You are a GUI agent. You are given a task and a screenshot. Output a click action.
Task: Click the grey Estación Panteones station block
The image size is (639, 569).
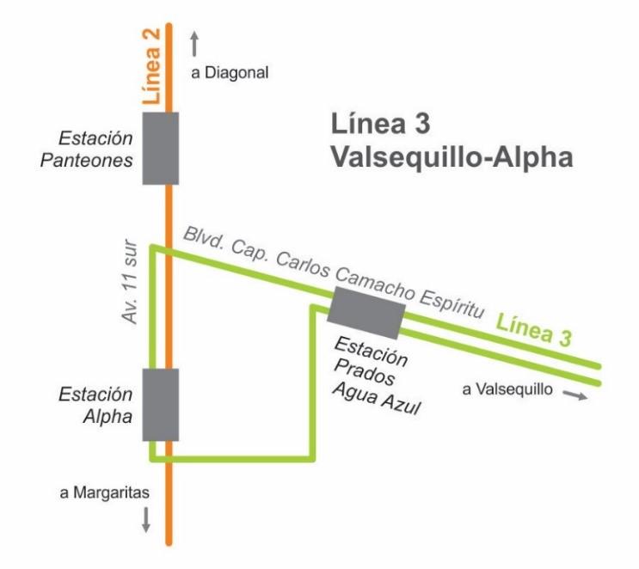tap(160, 148)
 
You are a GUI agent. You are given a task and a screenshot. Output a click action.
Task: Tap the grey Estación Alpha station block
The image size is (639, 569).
tap(160, 405)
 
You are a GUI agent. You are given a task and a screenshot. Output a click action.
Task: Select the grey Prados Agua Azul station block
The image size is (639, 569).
tap(366, 313)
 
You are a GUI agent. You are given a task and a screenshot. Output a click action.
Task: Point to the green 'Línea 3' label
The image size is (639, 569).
tap(534, 331)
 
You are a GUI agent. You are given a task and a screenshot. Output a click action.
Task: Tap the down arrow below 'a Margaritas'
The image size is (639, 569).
tap(145, 519)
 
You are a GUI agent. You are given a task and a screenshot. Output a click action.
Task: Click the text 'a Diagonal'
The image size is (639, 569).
tap(230, 73)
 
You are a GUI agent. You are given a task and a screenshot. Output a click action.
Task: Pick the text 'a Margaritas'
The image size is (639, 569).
tap(106, 493)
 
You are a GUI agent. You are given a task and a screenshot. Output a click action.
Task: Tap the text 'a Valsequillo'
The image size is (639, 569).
tap(506, 389)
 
